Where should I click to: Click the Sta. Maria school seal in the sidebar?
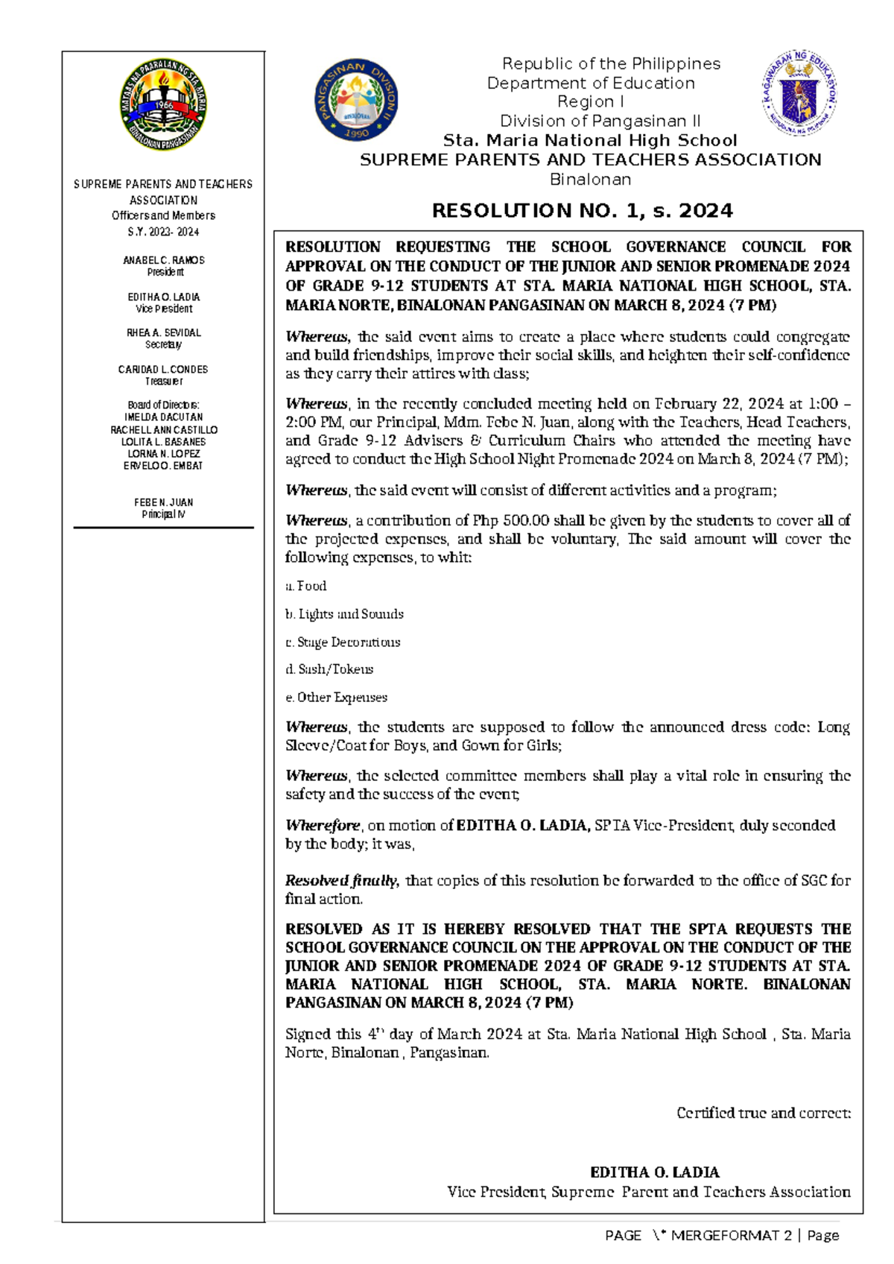pos(163,106)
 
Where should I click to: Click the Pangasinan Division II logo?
pos(356,99)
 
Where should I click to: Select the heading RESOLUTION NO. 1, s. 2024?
pos(582,211)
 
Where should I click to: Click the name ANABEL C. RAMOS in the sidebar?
pos(163,260)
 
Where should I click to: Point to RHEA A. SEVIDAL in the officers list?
pos(163,332)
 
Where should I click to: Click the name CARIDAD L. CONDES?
pos(163,369)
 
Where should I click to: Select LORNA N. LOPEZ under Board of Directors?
pos(163,453)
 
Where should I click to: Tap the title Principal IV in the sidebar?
pos(163,514)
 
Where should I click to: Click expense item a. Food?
pos(306,586)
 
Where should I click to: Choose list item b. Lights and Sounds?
pos(344,614)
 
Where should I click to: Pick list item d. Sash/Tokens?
pos(329,669)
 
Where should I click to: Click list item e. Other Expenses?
pos(336,698)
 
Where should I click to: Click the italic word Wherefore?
pos(323,825)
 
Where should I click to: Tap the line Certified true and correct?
pos(763,1113)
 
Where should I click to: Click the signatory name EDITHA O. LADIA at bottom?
pos(654,1172)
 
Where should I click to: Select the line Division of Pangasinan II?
pos(600,121)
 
